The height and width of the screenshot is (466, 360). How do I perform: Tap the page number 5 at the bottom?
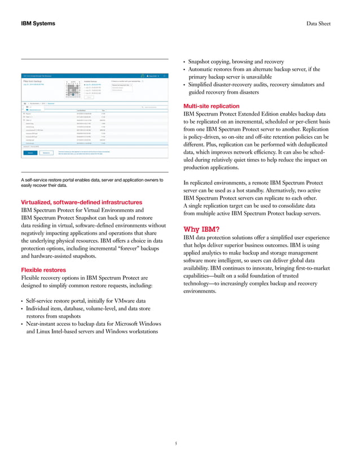[x=175, y=443]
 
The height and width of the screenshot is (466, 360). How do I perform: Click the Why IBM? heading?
[x=202, y=228]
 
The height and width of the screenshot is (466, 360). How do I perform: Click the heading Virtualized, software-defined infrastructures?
[x=81, y=202]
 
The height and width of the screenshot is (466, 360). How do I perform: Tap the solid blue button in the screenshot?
[x=30, y=152]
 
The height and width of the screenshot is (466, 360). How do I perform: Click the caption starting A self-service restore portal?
[x=90, y=182]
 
